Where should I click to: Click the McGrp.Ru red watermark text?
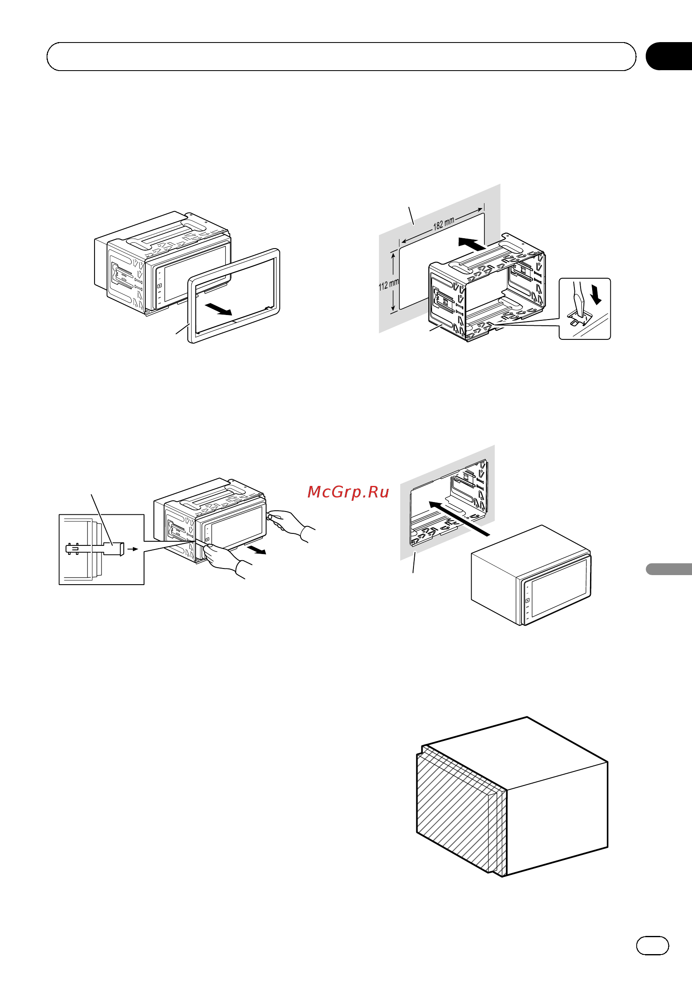(348, 492)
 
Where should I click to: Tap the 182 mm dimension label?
(444, 224)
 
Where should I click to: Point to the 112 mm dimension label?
(389, 285)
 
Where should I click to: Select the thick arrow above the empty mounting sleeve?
(472, 244)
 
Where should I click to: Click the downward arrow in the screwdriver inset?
(595, 295)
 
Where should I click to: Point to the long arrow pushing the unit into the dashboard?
(459, 519)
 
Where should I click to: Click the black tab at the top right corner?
(669, 56)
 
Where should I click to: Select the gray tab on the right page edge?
(669, 569)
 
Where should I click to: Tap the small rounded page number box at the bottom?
(652, 945)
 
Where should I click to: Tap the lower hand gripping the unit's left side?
(224, 560)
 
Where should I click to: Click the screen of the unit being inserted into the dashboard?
(559, 588)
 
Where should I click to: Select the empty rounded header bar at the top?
(341, 57)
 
